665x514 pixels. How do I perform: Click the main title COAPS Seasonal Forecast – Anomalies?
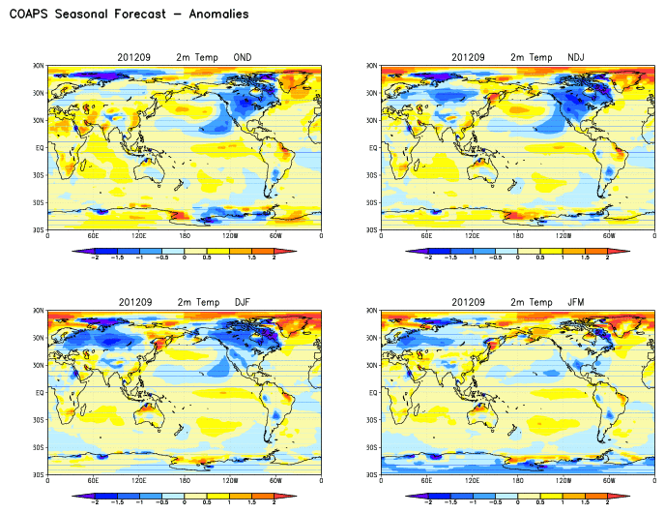(129, 15)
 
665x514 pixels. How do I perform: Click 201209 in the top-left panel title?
(145, 57)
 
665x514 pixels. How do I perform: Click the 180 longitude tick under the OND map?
(185, 235)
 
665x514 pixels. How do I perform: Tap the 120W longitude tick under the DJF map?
(230, 481)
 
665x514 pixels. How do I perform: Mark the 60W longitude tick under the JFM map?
(609, 481)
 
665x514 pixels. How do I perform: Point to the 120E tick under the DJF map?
(139, 481)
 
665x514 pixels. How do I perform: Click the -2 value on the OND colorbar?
(94, 257)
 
